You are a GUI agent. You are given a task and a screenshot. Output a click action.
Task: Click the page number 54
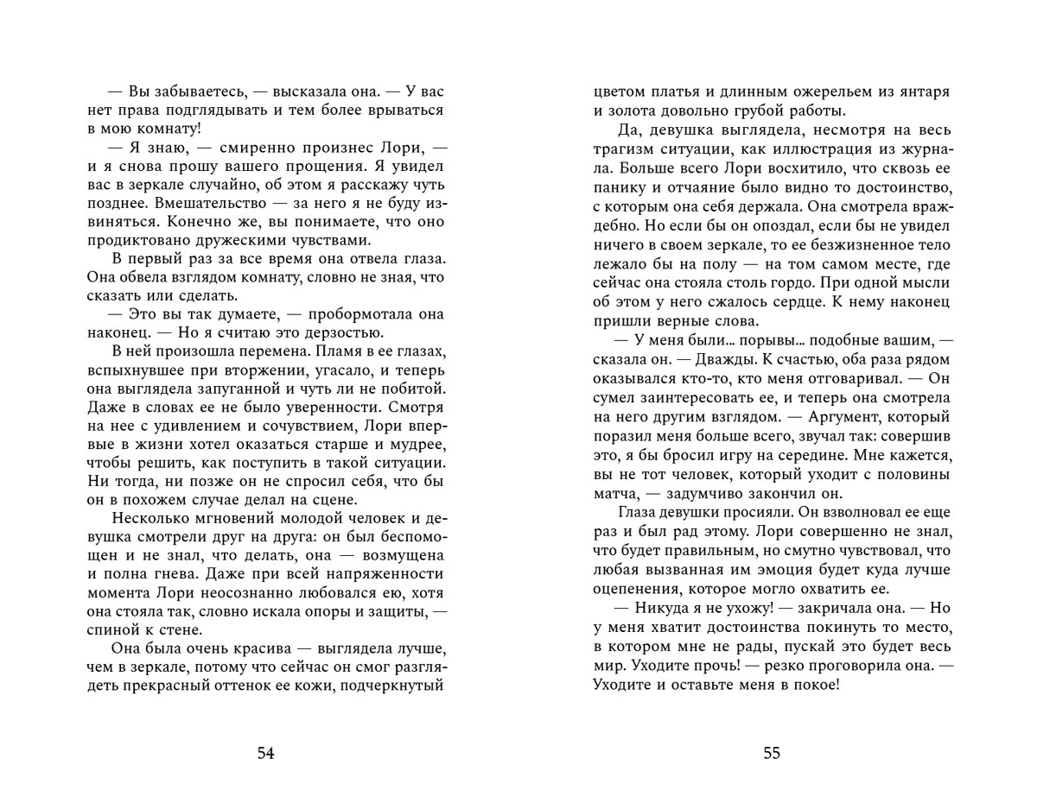click(266, 753)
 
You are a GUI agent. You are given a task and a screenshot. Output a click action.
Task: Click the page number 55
click(772, 753)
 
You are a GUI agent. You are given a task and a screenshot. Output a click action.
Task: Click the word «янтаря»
click(922, 91)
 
